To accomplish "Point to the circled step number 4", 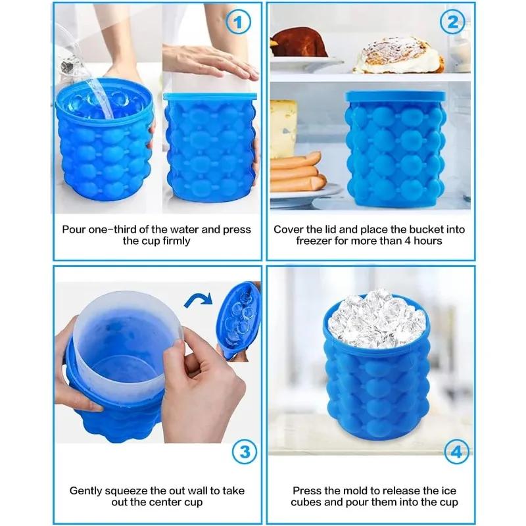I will [x=454, y=452].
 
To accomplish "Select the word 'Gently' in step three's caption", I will [x=87, y=490].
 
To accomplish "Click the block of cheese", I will [x=283, y=128].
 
